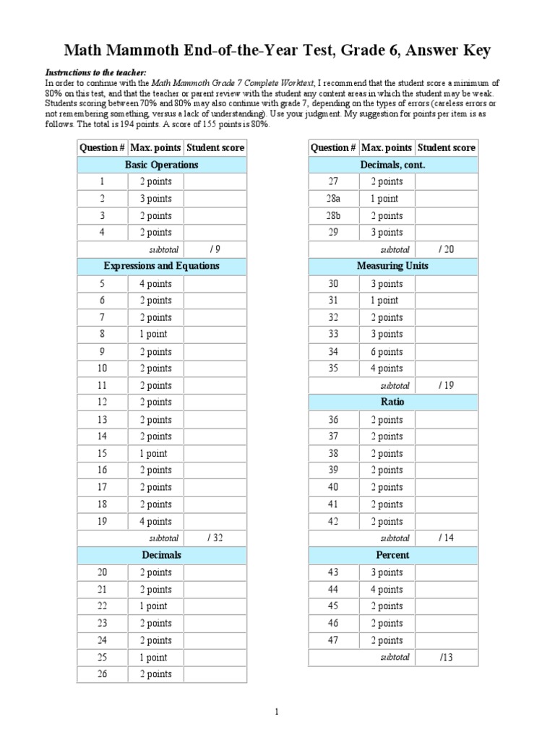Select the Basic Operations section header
pos(161,165)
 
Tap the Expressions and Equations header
pos(161,266)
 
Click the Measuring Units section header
pos(392,266)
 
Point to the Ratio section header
pos(392,402)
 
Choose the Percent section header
pos(392,555)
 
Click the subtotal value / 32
pos(215,538)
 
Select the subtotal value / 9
pos(215,249)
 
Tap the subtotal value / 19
pos(446,385)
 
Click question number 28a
pos(333,199)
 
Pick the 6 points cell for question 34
pos(387,352)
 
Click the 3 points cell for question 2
pos(155,199)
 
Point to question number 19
pos(102,521)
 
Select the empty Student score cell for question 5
pos(215,284)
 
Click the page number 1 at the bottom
pos(277,713)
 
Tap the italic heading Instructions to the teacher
pos(96,73)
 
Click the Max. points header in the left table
pos(155,147)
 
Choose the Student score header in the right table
pos(446,147)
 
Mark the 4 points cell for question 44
pos(387,590)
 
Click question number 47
pos(333,640)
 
